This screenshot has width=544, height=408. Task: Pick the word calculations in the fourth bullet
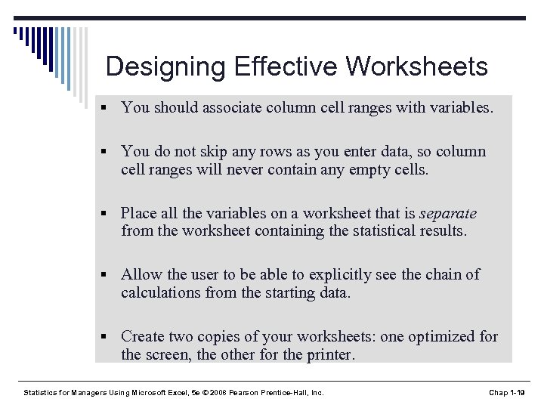163,292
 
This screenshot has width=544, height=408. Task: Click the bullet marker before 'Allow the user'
110,275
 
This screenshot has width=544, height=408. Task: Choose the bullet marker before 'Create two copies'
110,337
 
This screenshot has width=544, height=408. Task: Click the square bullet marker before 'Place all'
110,214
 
